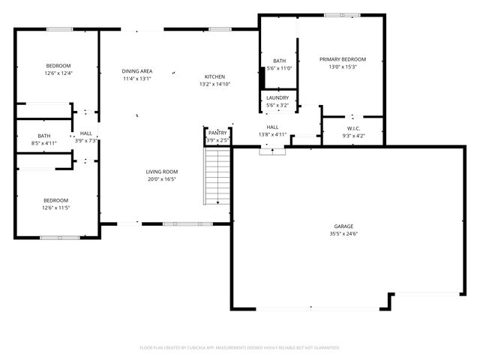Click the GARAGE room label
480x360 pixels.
tap(343, 226)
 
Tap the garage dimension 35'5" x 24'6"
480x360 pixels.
tap(343, 234)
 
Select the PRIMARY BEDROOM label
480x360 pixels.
tap(343, 59)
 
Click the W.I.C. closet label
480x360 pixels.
tap(354, 127)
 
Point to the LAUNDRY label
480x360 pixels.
tap(277, 97)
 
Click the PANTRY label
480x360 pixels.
tap(217, 132)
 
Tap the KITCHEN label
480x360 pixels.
tap(215, 76)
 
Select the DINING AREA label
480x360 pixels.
tap(137, 71)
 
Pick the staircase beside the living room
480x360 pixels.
tap(217, 176)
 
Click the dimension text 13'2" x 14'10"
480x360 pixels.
tap(214, 85)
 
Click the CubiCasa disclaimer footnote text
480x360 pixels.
tap(240, 347)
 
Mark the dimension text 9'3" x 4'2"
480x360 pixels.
tap(354, 136)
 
